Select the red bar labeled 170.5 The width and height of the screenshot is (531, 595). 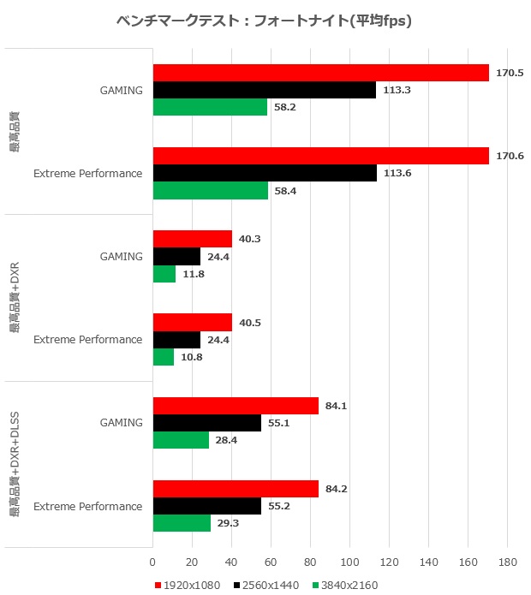coord(320,73)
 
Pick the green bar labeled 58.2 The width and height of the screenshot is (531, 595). coord(210,107)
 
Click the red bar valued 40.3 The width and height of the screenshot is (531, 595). coord(192,239)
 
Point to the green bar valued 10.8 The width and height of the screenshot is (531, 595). coord(163,356)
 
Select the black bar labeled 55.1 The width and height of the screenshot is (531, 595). coord(206,423)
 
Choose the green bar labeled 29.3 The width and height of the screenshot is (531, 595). coord(182,523)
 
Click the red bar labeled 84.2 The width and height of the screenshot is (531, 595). coord(236,489)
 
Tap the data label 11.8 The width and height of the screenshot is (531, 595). coord(193,274)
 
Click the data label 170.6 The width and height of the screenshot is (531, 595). coord(509,156)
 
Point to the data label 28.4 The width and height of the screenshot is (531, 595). coord(226,440)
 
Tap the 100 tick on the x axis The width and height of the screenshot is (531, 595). coord(349,562)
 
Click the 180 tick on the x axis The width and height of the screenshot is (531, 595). coord(507,562)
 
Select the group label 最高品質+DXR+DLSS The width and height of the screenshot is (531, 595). coord(15,464)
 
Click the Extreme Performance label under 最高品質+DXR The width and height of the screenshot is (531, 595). coord(87,340)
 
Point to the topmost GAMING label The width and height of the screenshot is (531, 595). coord(121,90)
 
